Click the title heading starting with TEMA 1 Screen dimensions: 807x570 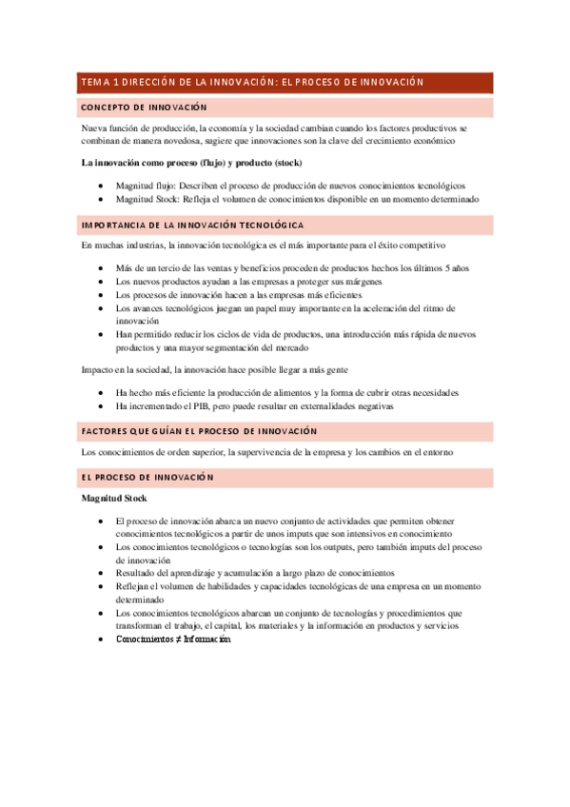[x=252, y=82]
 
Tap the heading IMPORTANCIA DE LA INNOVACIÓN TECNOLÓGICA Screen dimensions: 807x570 [x=192, y=226]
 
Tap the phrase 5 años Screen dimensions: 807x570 [x=457, y=268]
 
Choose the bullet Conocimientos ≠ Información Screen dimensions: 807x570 [x=172, y=613]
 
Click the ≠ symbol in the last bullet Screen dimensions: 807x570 [x=178, y=613]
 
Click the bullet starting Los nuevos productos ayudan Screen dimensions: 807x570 [x=249, y=282]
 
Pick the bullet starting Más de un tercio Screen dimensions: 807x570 [x=292, y=268]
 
